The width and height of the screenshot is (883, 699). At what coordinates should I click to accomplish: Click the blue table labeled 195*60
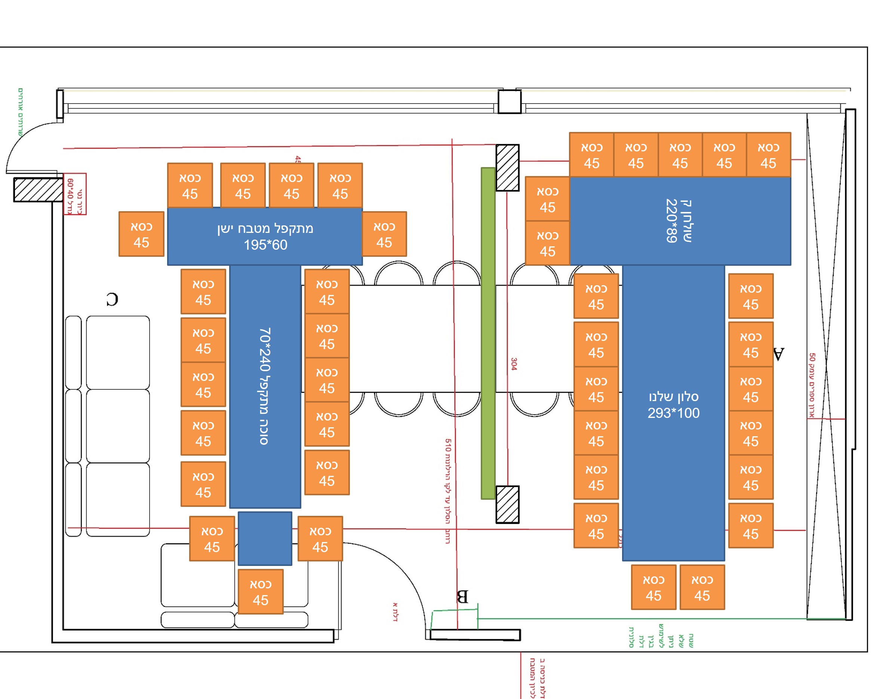point(265,236)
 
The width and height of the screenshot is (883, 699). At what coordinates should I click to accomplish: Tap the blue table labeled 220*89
point(680,221)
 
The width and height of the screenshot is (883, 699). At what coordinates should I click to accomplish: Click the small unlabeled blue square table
point(265,538)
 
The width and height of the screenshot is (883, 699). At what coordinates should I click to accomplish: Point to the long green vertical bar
point(488,333)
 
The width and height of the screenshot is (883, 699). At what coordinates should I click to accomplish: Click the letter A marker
point(778,354)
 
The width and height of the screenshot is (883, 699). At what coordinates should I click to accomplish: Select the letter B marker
point(462,597)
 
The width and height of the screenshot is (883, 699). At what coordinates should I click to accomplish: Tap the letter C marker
point(112,299)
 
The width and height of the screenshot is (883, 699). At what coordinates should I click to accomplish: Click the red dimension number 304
point(514,364)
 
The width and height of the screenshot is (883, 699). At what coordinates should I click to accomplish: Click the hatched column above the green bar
point(507,167)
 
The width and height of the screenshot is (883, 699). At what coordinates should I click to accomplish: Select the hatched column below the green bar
point(507,504)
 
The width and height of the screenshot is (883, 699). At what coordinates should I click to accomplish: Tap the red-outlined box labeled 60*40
point(75,194)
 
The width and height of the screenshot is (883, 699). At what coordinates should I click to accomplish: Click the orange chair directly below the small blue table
point(261,591)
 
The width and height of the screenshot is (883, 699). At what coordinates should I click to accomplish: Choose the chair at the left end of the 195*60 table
point(141,234)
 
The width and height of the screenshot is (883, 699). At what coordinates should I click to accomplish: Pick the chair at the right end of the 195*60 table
point(384,234)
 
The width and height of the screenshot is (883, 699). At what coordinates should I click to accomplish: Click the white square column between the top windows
point(510,102)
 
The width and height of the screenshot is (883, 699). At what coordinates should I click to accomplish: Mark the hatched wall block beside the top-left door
point(38,190)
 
